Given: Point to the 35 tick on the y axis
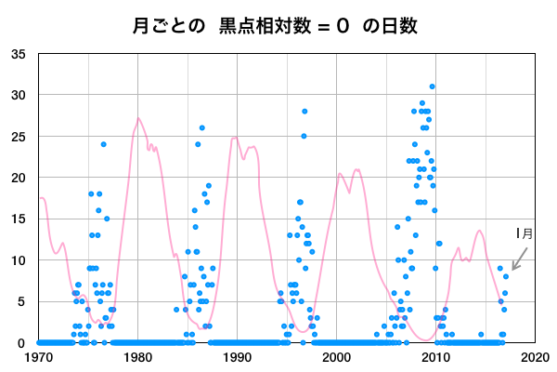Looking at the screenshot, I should (19, 54).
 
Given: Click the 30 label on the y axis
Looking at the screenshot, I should (19, 95).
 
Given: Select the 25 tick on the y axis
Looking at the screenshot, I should (19, 137).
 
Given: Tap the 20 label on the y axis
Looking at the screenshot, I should (19, 178).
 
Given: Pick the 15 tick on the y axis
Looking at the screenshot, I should (19, 219).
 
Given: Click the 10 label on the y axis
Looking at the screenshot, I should (19, 260).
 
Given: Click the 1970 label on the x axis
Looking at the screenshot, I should (39, 356).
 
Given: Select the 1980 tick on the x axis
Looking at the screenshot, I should (137, 356).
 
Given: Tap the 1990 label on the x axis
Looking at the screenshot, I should (237, 356).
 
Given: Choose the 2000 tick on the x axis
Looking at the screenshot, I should (336, 356).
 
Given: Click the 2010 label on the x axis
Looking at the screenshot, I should (435, 356).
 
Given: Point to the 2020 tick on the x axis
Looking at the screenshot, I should (534, 356).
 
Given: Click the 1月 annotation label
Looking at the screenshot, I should (525, 234).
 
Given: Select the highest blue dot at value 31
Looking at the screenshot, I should (432, 86).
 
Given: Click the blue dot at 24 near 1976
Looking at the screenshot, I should (104, 144).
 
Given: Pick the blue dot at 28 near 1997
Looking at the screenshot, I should (304, 112).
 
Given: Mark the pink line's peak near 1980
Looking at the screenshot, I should (138, 118).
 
